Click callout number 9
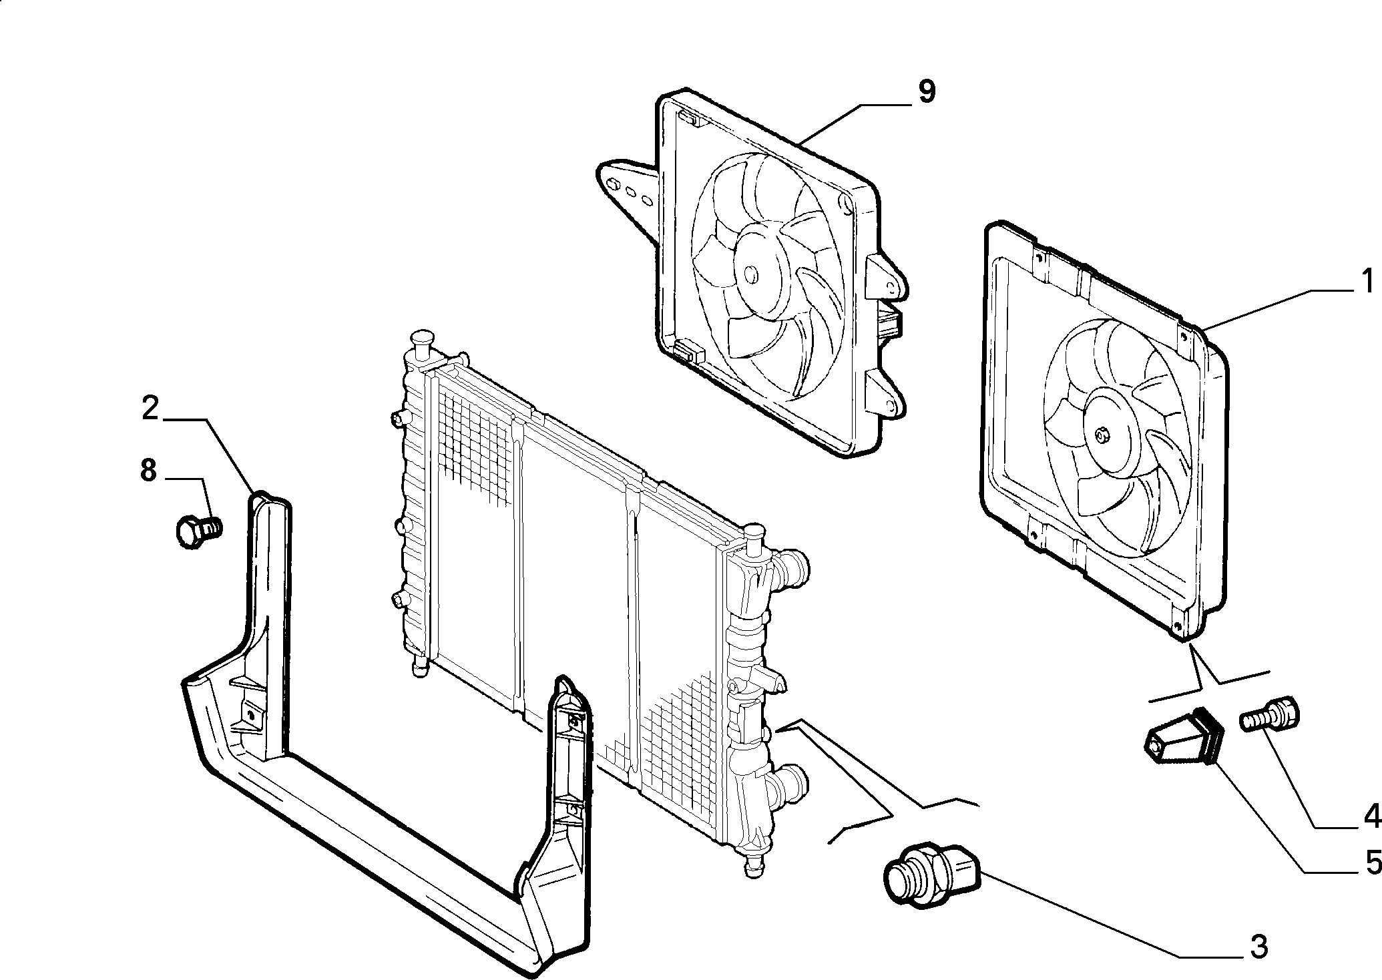click(x=926, y=91)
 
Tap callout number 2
click(x=150, y=408)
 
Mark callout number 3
click(x=1258, y=946)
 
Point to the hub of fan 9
click(x=751, y=274)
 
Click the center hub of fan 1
click(x=1102, y=435)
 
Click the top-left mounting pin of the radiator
click(x=422, y=342)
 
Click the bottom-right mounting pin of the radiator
click(x=752, y=867)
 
